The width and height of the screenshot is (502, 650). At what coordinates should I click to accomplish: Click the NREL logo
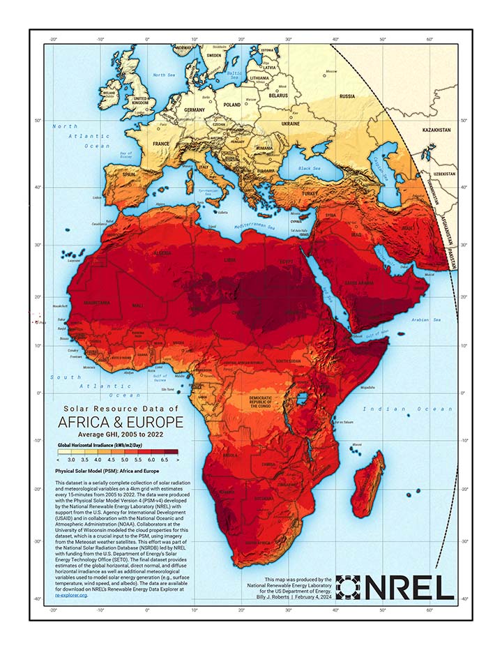pyautogui.click(x=395, y=588)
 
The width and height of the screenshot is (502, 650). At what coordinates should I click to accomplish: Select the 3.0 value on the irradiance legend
pyautogui.click(x=72, y=460)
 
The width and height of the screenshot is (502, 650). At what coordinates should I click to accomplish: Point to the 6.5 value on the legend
pyautogui.click(x=165, y=460)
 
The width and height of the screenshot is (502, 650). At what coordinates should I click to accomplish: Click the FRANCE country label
pyautogui.click(x=161, y=143)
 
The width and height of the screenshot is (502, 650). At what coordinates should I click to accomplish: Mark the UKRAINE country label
pyautogui.click(x=291, y=123)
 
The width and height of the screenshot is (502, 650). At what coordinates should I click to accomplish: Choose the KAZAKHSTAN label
pyautogui.click(x=439, y=130)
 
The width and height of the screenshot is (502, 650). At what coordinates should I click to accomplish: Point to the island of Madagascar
pyautogui.click(x=367, y=485)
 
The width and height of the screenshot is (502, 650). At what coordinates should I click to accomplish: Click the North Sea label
pyautogui.click(x=164, y=75)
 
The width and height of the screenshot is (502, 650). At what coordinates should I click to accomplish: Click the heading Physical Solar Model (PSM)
pyautogui.click(x=103, y=471)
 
